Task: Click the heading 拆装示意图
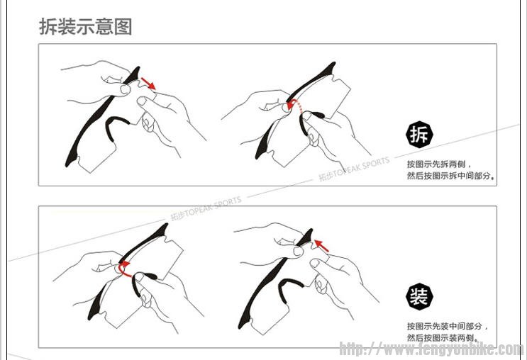[x=85, y=27]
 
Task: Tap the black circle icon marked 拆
[x=418, y=135]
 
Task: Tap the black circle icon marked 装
[x=418, y=297]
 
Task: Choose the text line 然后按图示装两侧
[x=441, y=337]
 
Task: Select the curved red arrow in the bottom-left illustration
[x=124, y=269]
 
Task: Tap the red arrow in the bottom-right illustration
[x=322, y=246]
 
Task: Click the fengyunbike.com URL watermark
[x=431, y=349]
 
